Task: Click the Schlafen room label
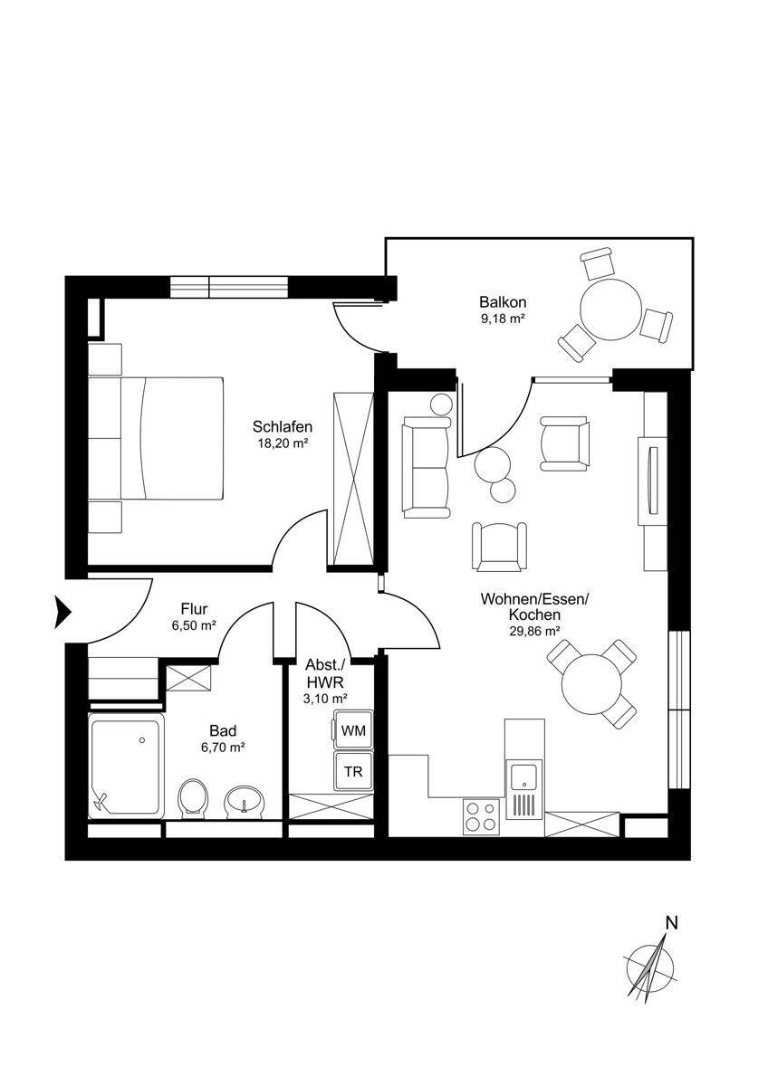(283, 426)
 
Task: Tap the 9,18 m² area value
(504, 319)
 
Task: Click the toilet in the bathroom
(193, 798)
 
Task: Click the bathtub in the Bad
(127, 766)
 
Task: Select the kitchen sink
(523, 777)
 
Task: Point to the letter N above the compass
(671, 923)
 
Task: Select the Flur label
(195, 608)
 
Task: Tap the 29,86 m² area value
(534, 632)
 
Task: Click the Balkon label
(504, 302)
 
